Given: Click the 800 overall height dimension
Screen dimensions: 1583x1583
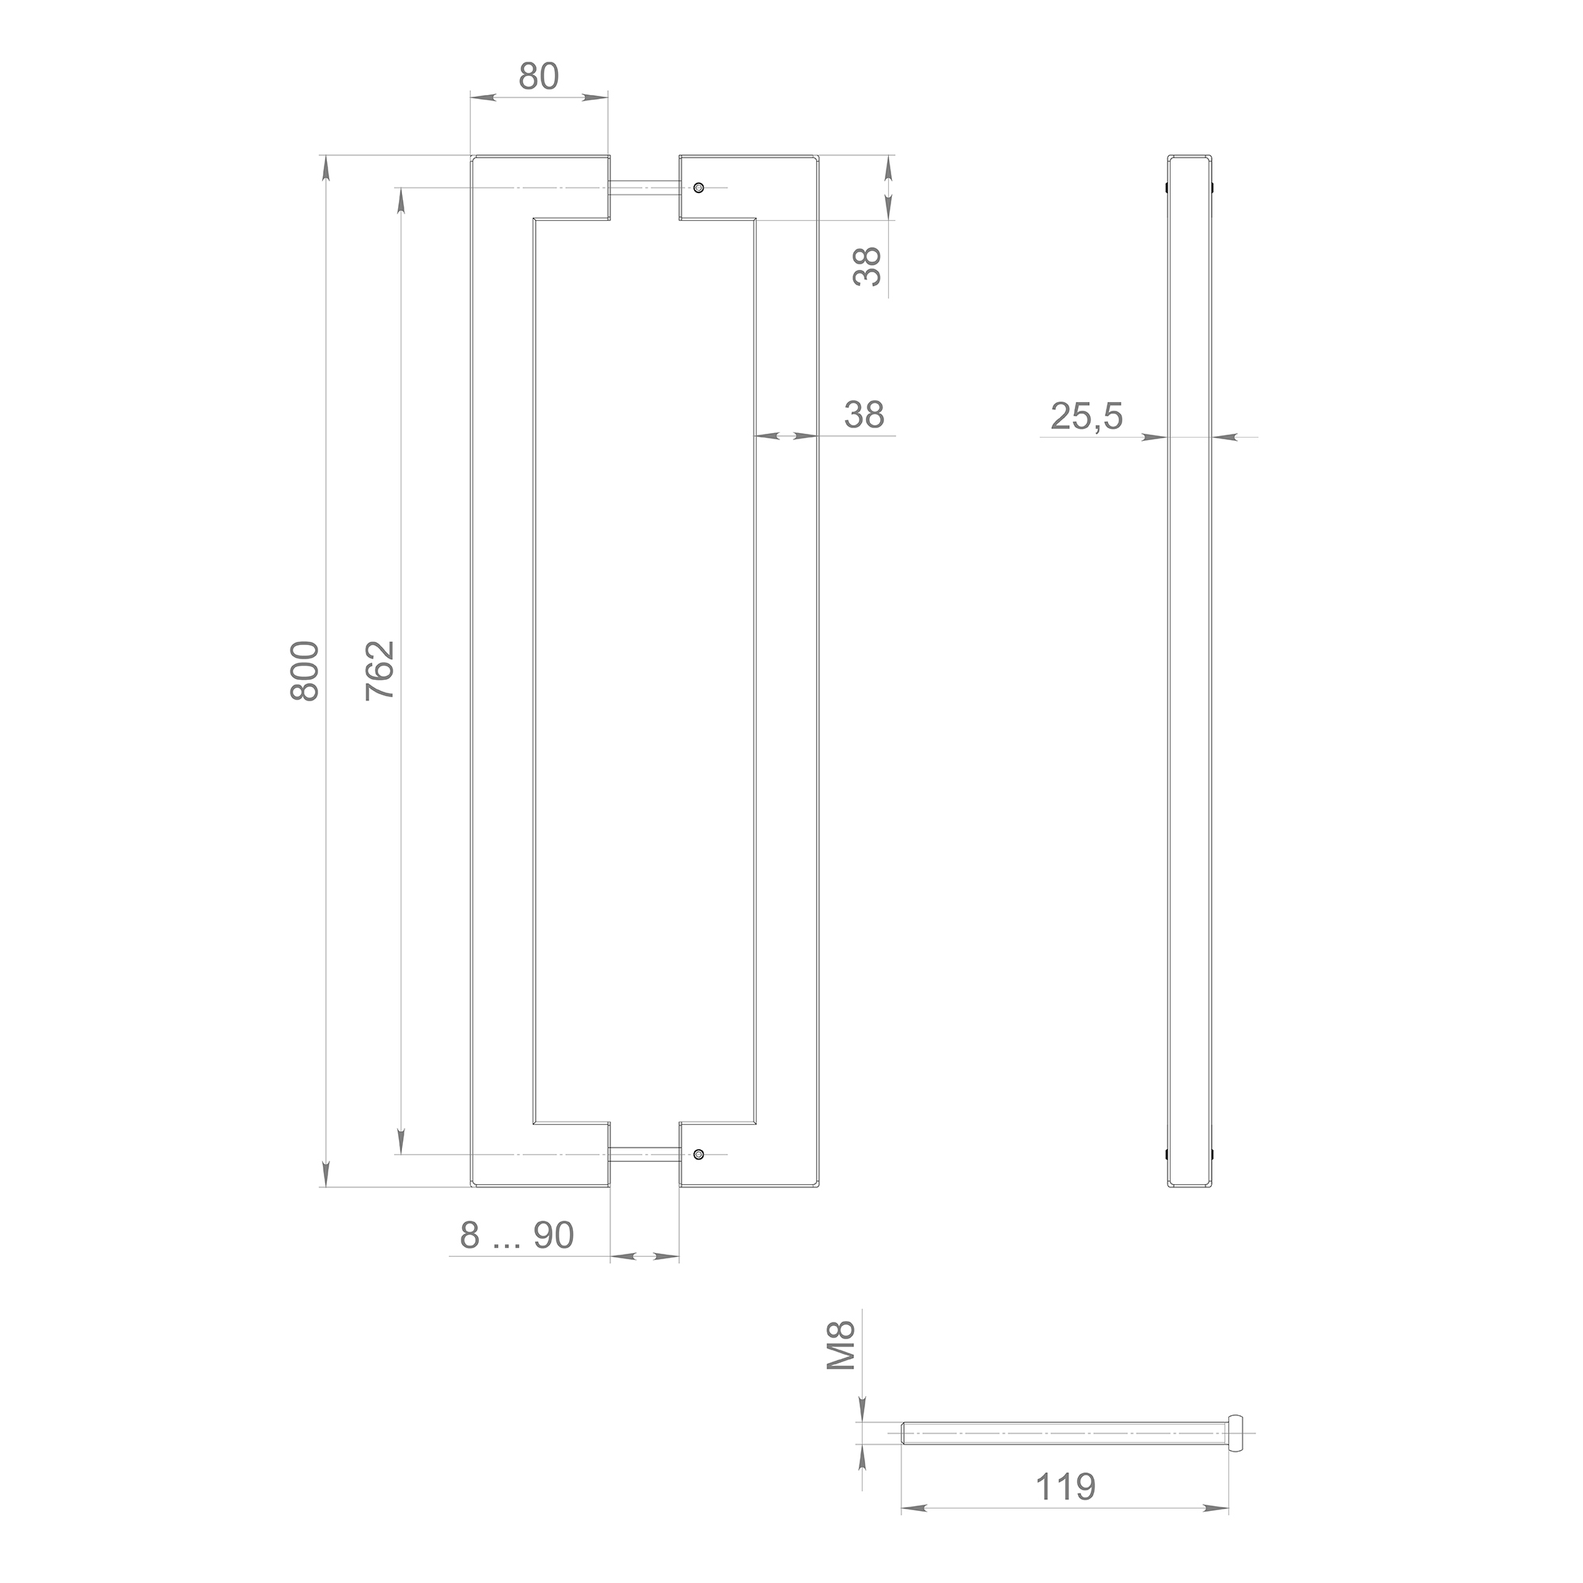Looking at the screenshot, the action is [x=305, y=670].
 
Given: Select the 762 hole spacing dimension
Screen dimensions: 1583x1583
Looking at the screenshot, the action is [x=380, y=670].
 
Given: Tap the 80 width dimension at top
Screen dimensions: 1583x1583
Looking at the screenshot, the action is [x=538, y=76].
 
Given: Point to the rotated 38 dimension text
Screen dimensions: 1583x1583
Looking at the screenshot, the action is [x=867, y=266].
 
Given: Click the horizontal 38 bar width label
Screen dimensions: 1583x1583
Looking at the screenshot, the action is [x=864, y=416].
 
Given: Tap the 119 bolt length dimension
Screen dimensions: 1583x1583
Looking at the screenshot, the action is [x=1065, y=1486].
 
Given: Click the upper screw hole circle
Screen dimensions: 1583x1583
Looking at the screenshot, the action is [x=698, y=188].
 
